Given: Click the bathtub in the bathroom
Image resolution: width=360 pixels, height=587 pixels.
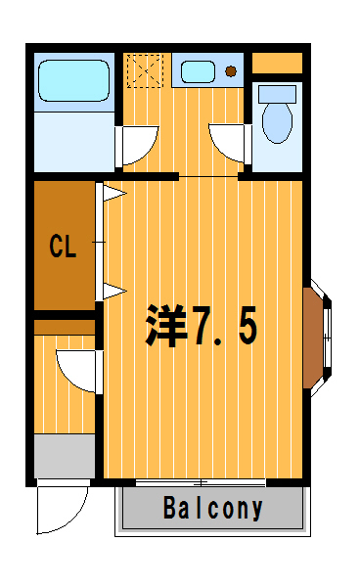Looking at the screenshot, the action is (x=74, y=81).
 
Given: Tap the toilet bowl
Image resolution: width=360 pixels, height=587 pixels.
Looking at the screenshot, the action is (x=277, y=122).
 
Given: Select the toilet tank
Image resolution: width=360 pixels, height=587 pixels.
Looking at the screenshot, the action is (x=277, y=94).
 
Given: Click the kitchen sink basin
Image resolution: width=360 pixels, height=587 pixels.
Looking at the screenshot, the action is (x=198, y=71).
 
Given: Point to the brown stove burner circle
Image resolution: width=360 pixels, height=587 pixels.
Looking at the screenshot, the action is (x=231, y=70).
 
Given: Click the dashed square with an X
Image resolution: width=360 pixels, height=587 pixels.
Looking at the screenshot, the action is (x=145, y=70).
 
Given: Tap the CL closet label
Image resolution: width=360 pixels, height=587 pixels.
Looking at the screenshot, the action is (x=63, y=246).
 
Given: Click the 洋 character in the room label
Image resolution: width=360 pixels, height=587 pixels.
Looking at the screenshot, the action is (x=165, y=325).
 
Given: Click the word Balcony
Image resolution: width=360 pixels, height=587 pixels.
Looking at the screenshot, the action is (x=213, y=508).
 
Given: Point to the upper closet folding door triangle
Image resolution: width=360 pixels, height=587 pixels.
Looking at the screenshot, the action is (x=114, y=194).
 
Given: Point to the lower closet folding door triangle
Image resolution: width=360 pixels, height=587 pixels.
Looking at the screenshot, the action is (x=114, y=291).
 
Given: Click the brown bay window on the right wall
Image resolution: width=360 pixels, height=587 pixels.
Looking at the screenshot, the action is (x=313, y=338).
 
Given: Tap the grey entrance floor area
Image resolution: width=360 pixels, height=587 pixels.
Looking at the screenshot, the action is (x=65, y=456).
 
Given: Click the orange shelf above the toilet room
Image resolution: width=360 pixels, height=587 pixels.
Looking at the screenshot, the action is (x=277, y=63).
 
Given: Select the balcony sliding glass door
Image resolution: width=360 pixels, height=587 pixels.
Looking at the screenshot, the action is (x=201, y=483).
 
